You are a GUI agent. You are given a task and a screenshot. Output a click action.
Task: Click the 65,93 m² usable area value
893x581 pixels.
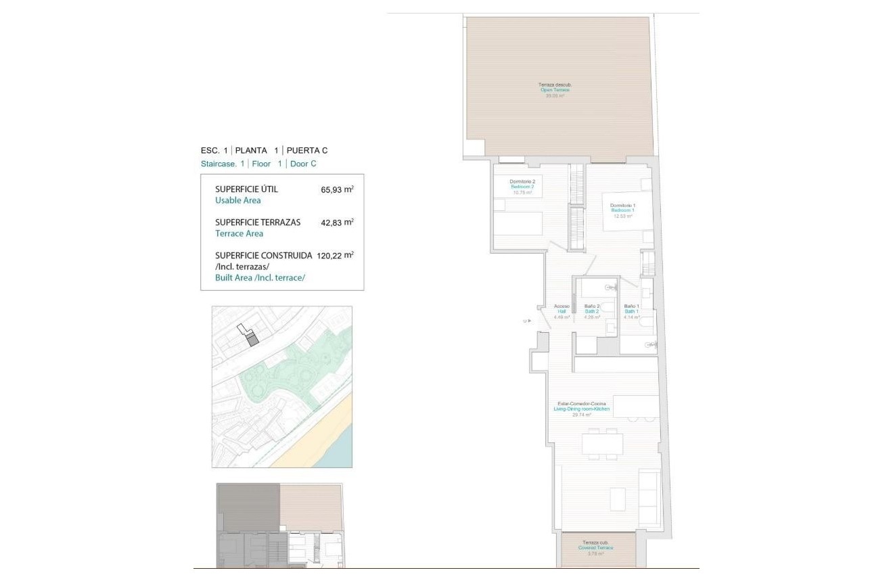point(337,190)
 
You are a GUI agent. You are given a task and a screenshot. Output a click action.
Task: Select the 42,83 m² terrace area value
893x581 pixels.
point(337,222)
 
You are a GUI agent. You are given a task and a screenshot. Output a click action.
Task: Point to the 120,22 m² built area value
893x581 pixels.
point(337,256)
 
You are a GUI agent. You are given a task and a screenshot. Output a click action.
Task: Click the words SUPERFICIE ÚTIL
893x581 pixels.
point(246,189)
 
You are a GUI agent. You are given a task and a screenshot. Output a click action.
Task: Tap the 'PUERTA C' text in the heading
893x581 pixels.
point(307,151)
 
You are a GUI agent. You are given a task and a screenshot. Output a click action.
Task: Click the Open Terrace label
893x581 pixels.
point(555,90)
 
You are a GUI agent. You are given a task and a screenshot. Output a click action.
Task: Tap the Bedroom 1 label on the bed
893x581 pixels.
point(622,210)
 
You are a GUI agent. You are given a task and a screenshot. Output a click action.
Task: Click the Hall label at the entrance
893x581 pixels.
point(562,311)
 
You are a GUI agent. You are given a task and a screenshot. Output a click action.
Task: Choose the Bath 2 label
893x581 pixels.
point(592,311)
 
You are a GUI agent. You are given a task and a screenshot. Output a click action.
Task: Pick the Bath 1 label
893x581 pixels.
point(631,311)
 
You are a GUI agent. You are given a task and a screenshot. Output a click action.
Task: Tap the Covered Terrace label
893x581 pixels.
point(595,548)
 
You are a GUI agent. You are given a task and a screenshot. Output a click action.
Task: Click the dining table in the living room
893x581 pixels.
point(602,444)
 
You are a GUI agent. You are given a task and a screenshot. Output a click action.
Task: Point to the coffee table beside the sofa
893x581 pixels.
point(618,499)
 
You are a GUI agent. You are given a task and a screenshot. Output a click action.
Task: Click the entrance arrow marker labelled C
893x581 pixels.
point(527,321)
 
